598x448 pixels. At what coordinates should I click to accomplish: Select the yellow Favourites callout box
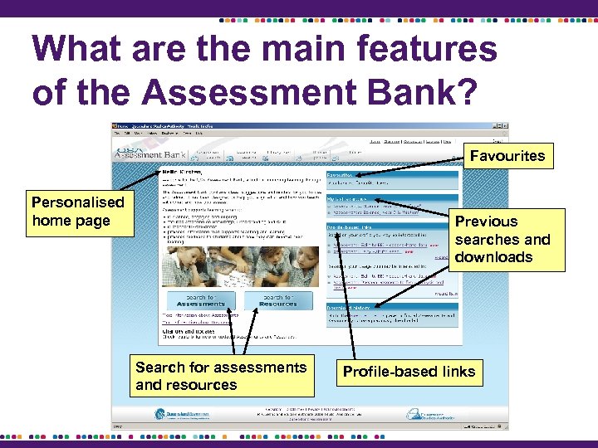tap(507, 156)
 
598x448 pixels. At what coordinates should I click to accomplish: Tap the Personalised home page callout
tap(76, 212)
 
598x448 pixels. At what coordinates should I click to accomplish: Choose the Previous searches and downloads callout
tap(506, 239)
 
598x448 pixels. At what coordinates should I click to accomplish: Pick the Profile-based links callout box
tap(409, 372)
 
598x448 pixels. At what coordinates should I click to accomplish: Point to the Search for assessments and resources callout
tap(221, 376)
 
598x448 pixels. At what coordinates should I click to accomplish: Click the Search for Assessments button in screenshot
tap(201, 300)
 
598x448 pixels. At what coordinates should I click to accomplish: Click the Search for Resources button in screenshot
tap(277, 300)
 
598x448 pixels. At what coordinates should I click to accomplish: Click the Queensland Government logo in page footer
tap(183, 413)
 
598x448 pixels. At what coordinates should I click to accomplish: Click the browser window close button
tap(505, 127)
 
